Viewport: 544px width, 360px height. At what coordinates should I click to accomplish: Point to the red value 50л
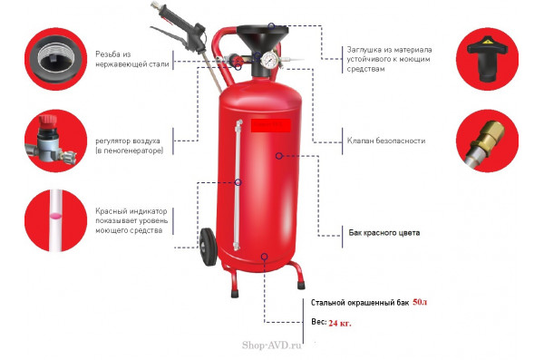point(419,301)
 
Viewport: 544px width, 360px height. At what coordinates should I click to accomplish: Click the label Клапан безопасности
point(386,141)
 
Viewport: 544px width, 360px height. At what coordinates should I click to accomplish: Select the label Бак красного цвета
point(384,232)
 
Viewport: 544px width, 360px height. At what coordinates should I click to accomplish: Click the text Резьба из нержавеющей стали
point(131,60)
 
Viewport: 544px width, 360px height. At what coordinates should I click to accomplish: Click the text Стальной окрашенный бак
point(360,302)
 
